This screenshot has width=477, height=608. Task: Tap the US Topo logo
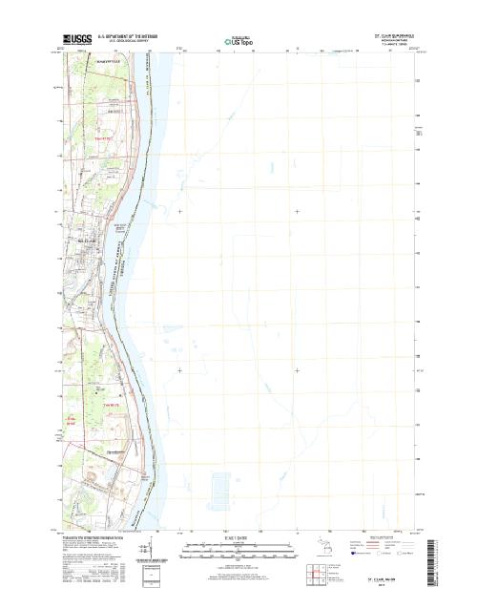pos(238,42)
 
